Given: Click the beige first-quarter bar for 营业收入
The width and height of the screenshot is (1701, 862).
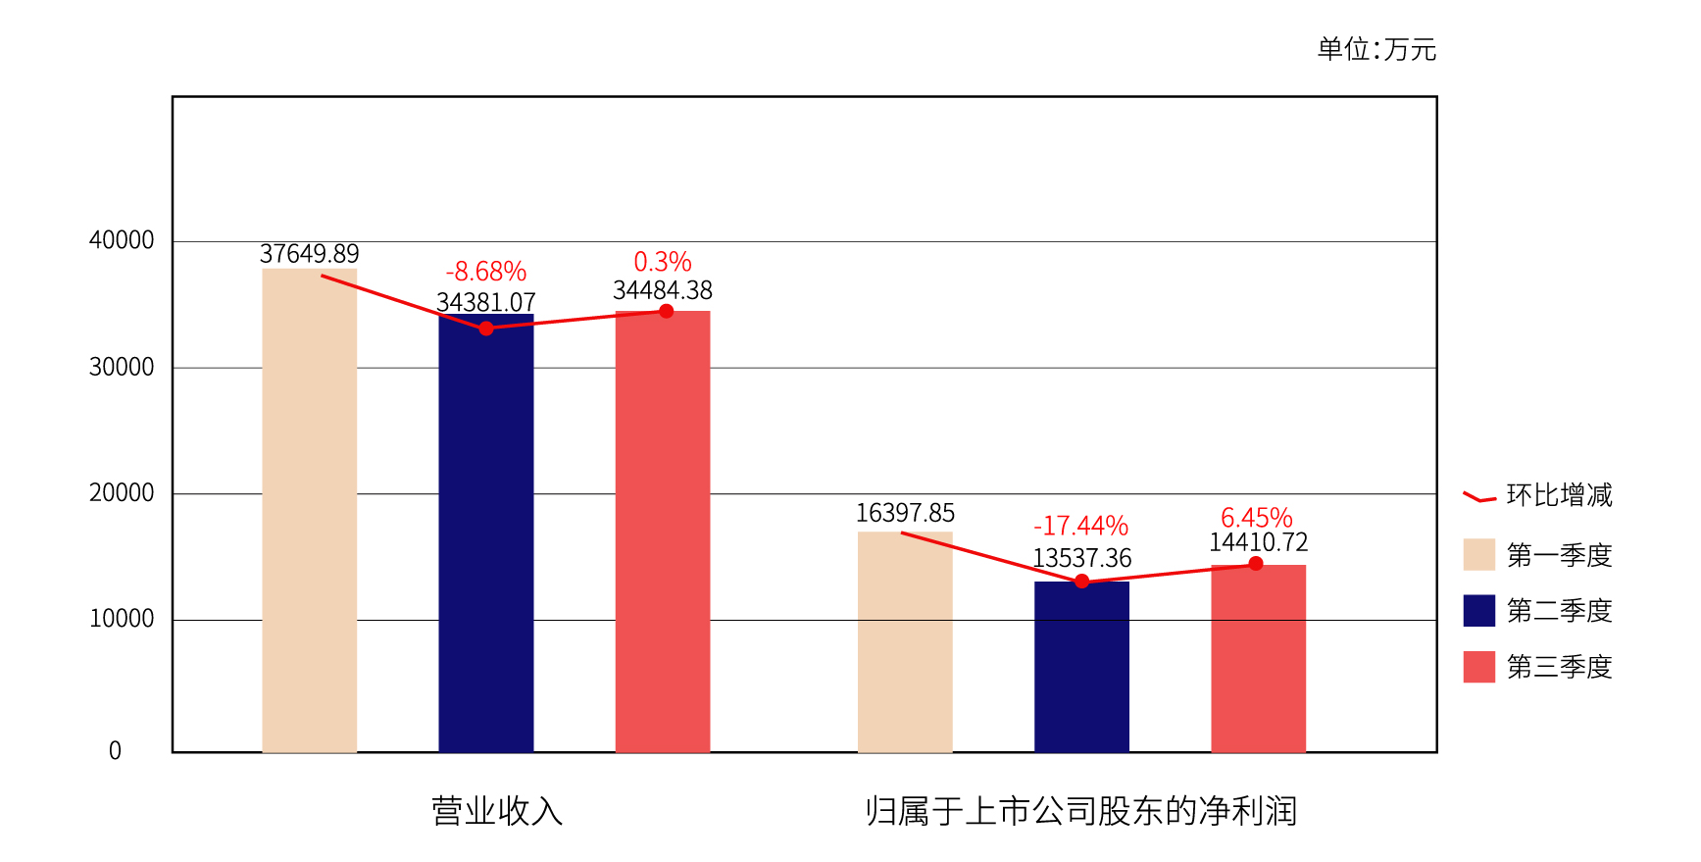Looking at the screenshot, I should tap(310, 510).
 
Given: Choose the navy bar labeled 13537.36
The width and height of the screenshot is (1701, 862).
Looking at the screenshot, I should tap(1081, 667).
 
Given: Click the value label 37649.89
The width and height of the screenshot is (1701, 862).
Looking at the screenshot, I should tap(310, 254).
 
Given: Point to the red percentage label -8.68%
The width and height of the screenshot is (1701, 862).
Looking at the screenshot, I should tap(486, 272).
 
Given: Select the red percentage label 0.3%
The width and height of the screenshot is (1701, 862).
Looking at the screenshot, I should tap(663, 262).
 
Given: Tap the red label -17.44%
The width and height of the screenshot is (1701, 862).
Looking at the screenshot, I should tap(1081, 527).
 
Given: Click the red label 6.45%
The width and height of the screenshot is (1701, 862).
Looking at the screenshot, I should tap(1257, 518).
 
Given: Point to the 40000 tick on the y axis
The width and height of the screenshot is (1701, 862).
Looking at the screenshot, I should tap(122, 240).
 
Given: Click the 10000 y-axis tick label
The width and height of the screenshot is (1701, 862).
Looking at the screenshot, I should tap(122, 619).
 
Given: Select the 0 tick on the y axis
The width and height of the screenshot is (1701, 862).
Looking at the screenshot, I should tap(115, 751).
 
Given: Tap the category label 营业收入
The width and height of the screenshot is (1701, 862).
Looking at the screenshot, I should tap(497, 812).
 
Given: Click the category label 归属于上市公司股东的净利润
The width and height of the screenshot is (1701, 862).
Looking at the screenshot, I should tap(1081, 812).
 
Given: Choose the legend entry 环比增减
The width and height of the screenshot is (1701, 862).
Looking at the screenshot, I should tap(1559, 495).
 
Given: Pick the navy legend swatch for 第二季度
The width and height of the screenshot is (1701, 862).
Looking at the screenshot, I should tap(1478, 610).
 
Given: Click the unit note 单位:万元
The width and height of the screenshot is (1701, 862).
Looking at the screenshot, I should tap(1376, 49).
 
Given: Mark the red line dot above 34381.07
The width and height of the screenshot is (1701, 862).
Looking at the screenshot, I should tap(486, 329).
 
